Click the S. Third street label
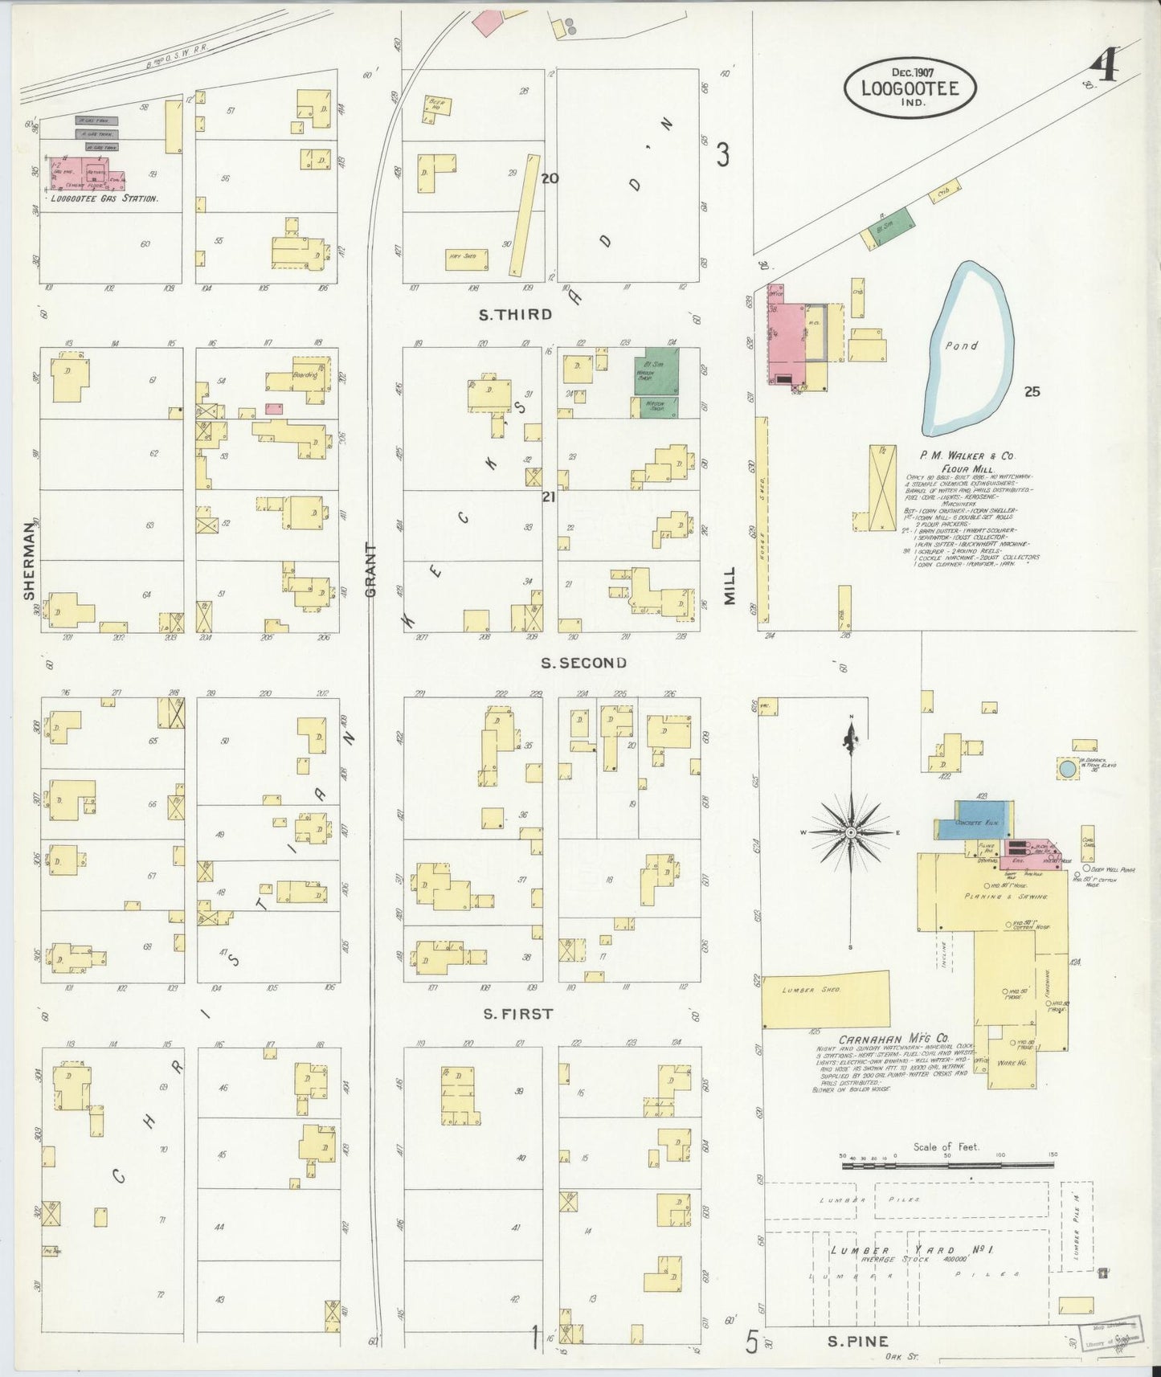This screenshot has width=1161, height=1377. click(515, 315)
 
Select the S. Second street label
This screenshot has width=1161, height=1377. click(583, 663)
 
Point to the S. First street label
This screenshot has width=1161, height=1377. click(517, 1014)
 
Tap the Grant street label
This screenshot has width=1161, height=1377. click(370, 570)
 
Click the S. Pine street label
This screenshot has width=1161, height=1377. click(858, 1341)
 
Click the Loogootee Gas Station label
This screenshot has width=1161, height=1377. click(104, 198)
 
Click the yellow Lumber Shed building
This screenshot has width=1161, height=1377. click(825, 999)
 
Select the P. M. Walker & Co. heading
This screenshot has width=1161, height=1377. click(956, 454)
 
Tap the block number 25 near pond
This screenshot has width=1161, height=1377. click(1032, 392)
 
